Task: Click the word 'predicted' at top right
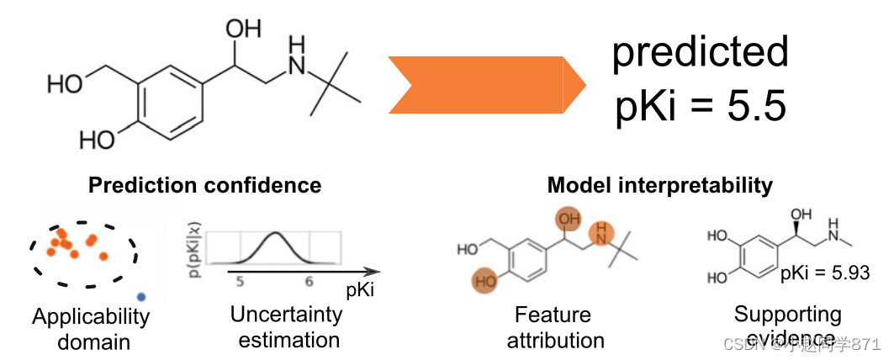coord(700,52)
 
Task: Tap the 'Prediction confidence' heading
coord(204,185)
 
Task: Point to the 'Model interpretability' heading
coord(659,185)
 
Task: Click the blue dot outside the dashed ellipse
coord(141,296)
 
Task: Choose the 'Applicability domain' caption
coord(91,329)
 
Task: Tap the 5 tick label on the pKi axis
coord(240,282)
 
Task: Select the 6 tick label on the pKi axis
coord(309,282)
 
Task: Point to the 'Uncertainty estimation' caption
coord(288,327)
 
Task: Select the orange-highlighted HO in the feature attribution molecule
coord(485,281)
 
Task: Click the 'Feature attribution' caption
coord(554,327)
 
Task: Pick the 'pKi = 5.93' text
coord(824,272)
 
